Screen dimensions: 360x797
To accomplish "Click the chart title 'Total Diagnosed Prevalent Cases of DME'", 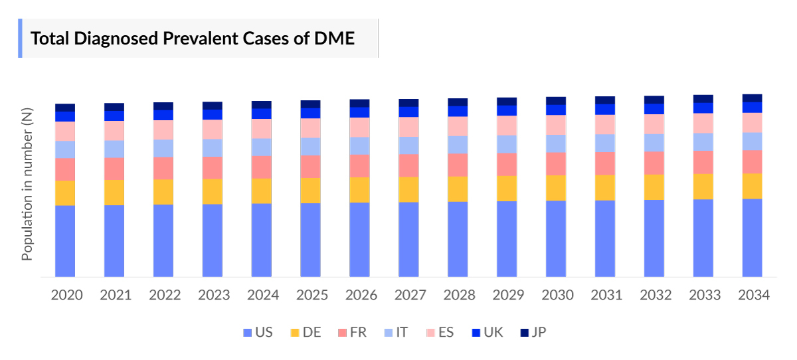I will click(x=193, y=39).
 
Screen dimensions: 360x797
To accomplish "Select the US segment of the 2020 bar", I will click(x=65, y=240).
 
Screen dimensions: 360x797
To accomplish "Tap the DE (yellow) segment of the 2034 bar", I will click(x=752, y=186).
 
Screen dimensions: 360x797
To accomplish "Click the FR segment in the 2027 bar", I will click(x=408, y=165).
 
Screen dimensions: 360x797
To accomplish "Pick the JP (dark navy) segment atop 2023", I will click(x=213, y=106).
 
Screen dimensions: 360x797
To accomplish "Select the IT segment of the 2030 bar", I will click(x=556, y=143).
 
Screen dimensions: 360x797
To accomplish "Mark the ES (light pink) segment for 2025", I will click(x=310, y=128).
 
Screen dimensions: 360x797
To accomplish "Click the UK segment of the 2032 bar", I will click(x=654, y=109).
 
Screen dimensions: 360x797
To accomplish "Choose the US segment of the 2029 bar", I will click(x=507, y=238).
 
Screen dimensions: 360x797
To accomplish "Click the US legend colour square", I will click(x=248, y=332).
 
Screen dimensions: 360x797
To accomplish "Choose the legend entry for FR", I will click(x=352, y=332).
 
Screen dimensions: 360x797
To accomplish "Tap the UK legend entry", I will click(x=487, y=332).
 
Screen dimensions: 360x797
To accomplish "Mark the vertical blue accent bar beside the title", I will click(x=20, y=39).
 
